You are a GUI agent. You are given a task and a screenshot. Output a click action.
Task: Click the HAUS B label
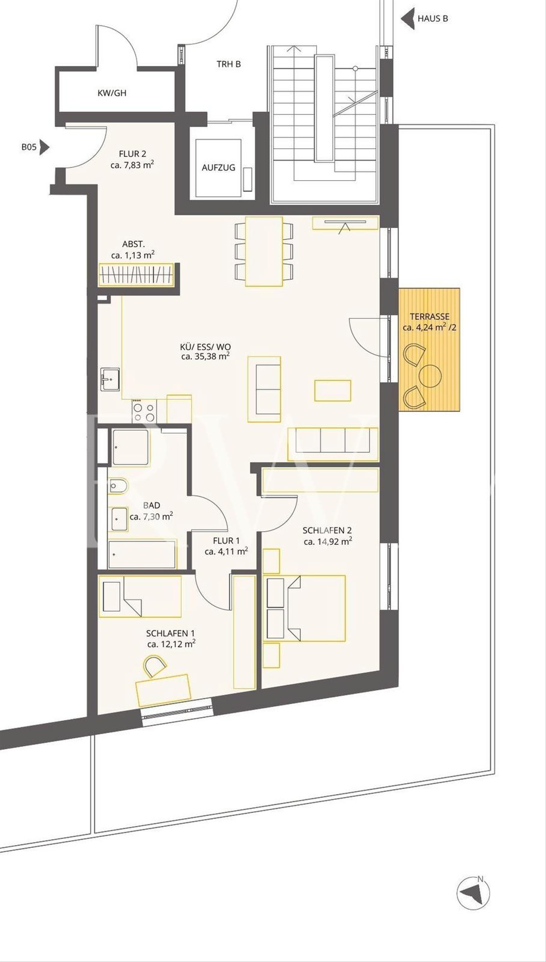[x=433, y=19]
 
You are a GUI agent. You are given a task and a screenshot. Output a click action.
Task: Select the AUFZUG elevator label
[x=218, y=167]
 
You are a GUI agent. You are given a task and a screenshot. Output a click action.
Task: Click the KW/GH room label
[x=112, y=93]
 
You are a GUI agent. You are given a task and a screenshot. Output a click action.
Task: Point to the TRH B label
[x=228, y=64]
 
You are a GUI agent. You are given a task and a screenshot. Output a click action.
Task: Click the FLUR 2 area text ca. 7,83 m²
[x=132, y=165]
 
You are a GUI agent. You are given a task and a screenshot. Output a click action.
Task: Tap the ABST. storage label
[x=133, y=245]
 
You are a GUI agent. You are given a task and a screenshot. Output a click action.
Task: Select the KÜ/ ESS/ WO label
[x=205, y=347]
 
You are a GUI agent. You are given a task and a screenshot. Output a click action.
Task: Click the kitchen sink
[x=110, y=379]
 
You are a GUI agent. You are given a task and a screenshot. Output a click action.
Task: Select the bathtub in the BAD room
[x=142, y=554]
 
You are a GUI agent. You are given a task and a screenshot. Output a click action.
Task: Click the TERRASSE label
[x=430, y=317]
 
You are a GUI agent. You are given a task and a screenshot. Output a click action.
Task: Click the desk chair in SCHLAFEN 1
[x=155, y=665]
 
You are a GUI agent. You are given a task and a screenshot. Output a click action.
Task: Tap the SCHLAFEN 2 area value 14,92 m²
[x=328, y=541]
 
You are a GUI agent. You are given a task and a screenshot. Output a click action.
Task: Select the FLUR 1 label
[x=226, y=541]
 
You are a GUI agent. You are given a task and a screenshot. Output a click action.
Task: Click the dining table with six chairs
[x=264, y=252]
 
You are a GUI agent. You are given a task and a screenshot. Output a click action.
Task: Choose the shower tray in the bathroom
[x=131, y=447]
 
